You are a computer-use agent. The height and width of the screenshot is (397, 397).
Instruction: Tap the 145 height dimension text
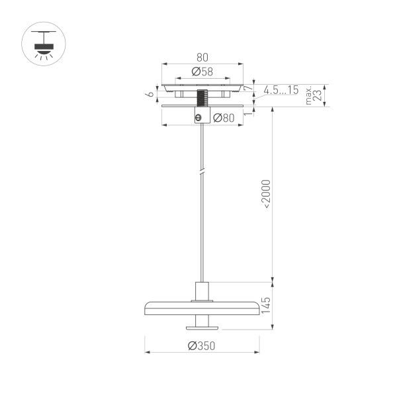[x=266, y=305]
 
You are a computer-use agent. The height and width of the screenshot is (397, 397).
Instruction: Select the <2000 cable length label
[x=266, y=194]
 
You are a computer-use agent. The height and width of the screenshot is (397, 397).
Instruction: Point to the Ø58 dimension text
[x=202, y=71]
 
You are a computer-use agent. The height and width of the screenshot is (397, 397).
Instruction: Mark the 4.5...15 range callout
[x=281, y=89]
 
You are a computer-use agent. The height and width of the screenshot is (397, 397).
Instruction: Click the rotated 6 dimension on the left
[x=151, y=94]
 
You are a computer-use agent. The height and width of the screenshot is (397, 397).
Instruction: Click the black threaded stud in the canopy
[x=202, y=100]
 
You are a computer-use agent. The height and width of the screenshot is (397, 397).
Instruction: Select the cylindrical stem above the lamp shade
[x=202, y=291]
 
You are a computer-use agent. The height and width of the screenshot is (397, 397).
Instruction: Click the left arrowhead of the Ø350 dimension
[x=147, y=352]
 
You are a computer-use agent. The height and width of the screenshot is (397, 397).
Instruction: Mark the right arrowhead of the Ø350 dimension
[x=257, y=352]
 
